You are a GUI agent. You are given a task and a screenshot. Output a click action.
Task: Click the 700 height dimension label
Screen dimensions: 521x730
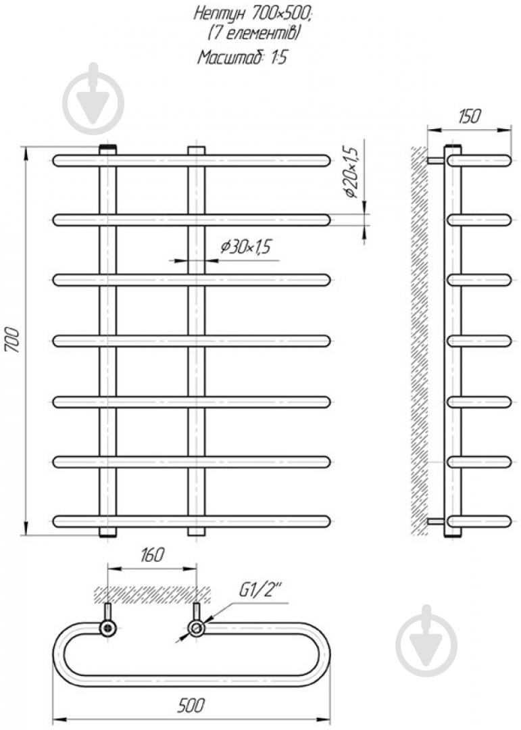point(13,340)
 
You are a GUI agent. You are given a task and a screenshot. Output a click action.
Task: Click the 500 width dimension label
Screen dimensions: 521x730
point(191,705)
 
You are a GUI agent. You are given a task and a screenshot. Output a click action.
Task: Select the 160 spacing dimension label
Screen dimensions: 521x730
point(152,554)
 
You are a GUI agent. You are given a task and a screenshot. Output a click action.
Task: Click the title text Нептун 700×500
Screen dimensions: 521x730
point(252,14)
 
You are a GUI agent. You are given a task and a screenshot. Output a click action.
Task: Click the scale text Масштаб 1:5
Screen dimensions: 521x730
point(242,57)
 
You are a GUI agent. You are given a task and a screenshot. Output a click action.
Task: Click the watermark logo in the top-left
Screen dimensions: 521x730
point(93,99)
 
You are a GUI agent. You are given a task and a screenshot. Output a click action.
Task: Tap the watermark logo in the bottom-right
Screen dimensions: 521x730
point(426,641)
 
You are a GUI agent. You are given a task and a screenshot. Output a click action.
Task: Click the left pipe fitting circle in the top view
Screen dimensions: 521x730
point(108,628)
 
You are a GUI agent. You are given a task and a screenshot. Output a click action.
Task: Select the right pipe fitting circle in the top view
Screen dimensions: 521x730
point(196,628)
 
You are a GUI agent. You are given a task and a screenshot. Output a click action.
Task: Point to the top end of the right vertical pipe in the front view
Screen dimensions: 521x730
point(196,150)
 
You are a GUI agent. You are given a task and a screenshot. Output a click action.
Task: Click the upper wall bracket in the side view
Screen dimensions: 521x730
point(437,161)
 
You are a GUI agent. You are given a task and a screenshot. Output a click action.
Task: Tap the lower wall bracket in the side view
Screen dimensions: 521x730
point(437,521)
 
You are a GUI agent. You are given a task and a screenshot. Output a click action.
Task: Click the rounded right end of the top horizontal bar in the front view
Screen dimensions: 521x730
point(325,161)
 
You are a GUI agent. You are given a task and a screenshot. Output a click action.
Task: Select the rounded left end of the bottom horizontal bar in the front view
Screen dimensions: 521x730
point(58,521)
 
